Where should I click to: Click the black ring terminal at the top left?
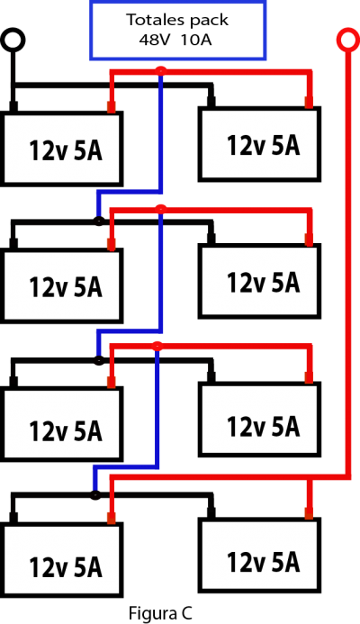[13, 30]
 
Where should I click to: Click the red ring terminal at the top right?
[348, 30]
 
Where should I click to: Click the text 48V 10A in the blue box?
[175, 40]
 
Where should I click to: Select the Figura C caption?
[160, 613]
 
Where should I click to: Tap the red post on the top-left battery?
[112, 106]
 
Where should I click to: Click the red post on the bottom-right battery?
[309, 513]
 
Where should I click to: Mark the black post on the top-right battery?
[211, 102]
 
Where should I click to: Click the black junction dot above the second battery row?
[99, 221]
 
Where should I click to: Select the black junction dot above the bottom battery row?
[94, 495]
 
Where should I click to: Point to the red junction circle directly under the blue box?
[160, 71]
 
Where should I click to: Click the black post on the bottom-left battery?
[13, 518]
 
